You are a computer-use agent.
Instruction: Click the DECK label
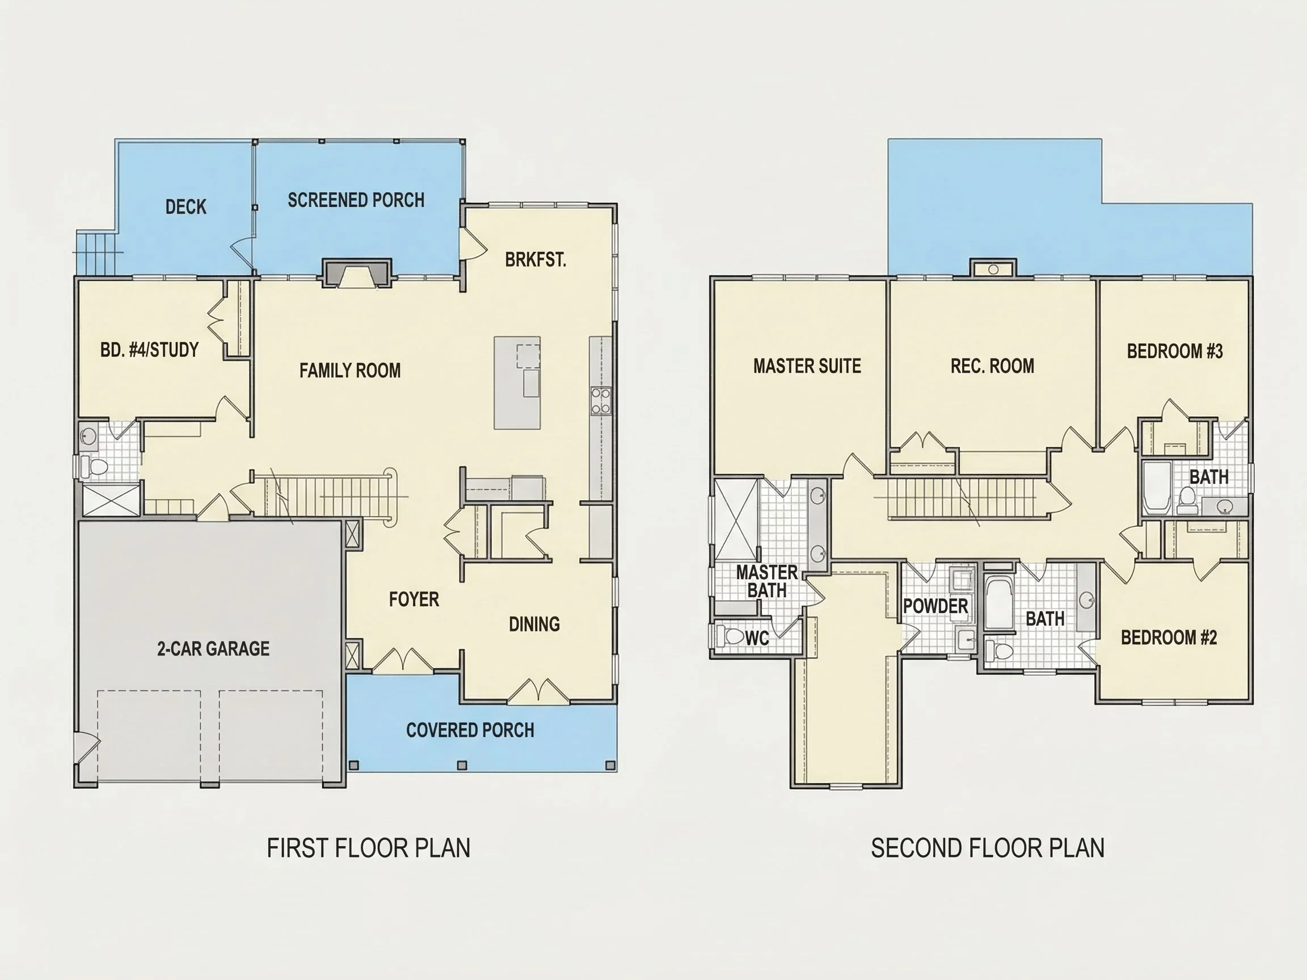pos(185,207)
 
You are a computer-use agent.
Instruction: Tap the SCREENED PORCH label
pos(356,200)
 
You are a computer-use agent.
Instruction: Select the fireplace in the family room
pos(357,273)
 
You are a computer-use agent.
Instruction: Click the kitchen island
pos(517,383)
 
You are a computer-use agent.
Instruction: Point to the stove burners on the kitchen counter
pos(601,401)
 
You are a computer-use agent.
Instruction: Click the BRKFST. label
pos(536,259)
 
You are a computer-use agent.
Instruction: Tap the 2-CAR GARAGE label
pos(213,649)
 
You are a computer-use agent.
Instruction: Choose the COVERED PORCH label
pos(470,730)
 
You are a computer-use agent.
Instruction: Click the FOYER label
pos(414,599)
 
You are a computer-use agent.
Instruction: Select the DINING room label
pos(534,624)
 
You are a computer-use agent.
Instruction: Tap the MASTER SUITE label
pos(807,366)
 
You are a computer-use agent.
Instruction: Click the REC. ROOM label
pos(992,366)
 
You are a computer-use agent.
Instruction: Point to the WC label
pos(757,638)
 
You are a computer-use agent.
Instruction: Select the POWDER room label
pos(935,606)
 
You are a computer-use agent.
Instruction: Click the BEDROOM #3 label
pos(1175,352)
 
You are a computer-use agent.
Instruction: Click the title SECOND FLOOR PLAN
pos(987,848)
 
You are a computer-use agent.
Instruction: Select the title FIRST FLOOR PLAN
pos(368,848)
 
